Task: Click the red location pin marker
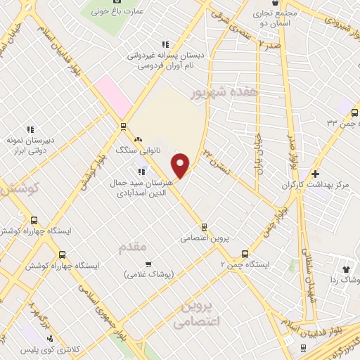click(181, 165)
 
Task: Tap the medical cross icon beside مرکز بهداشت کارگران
click(315, 173)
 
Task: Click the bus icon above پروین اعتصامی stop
click(204, 227)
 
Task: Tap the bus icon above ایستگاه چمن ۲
click(245, 254)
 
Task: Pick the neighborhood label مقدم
click(133, 246)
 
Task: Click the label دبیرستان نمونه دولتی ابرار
click(30, 145)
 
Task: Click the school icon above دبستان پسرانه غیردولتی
click(165, 44)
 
